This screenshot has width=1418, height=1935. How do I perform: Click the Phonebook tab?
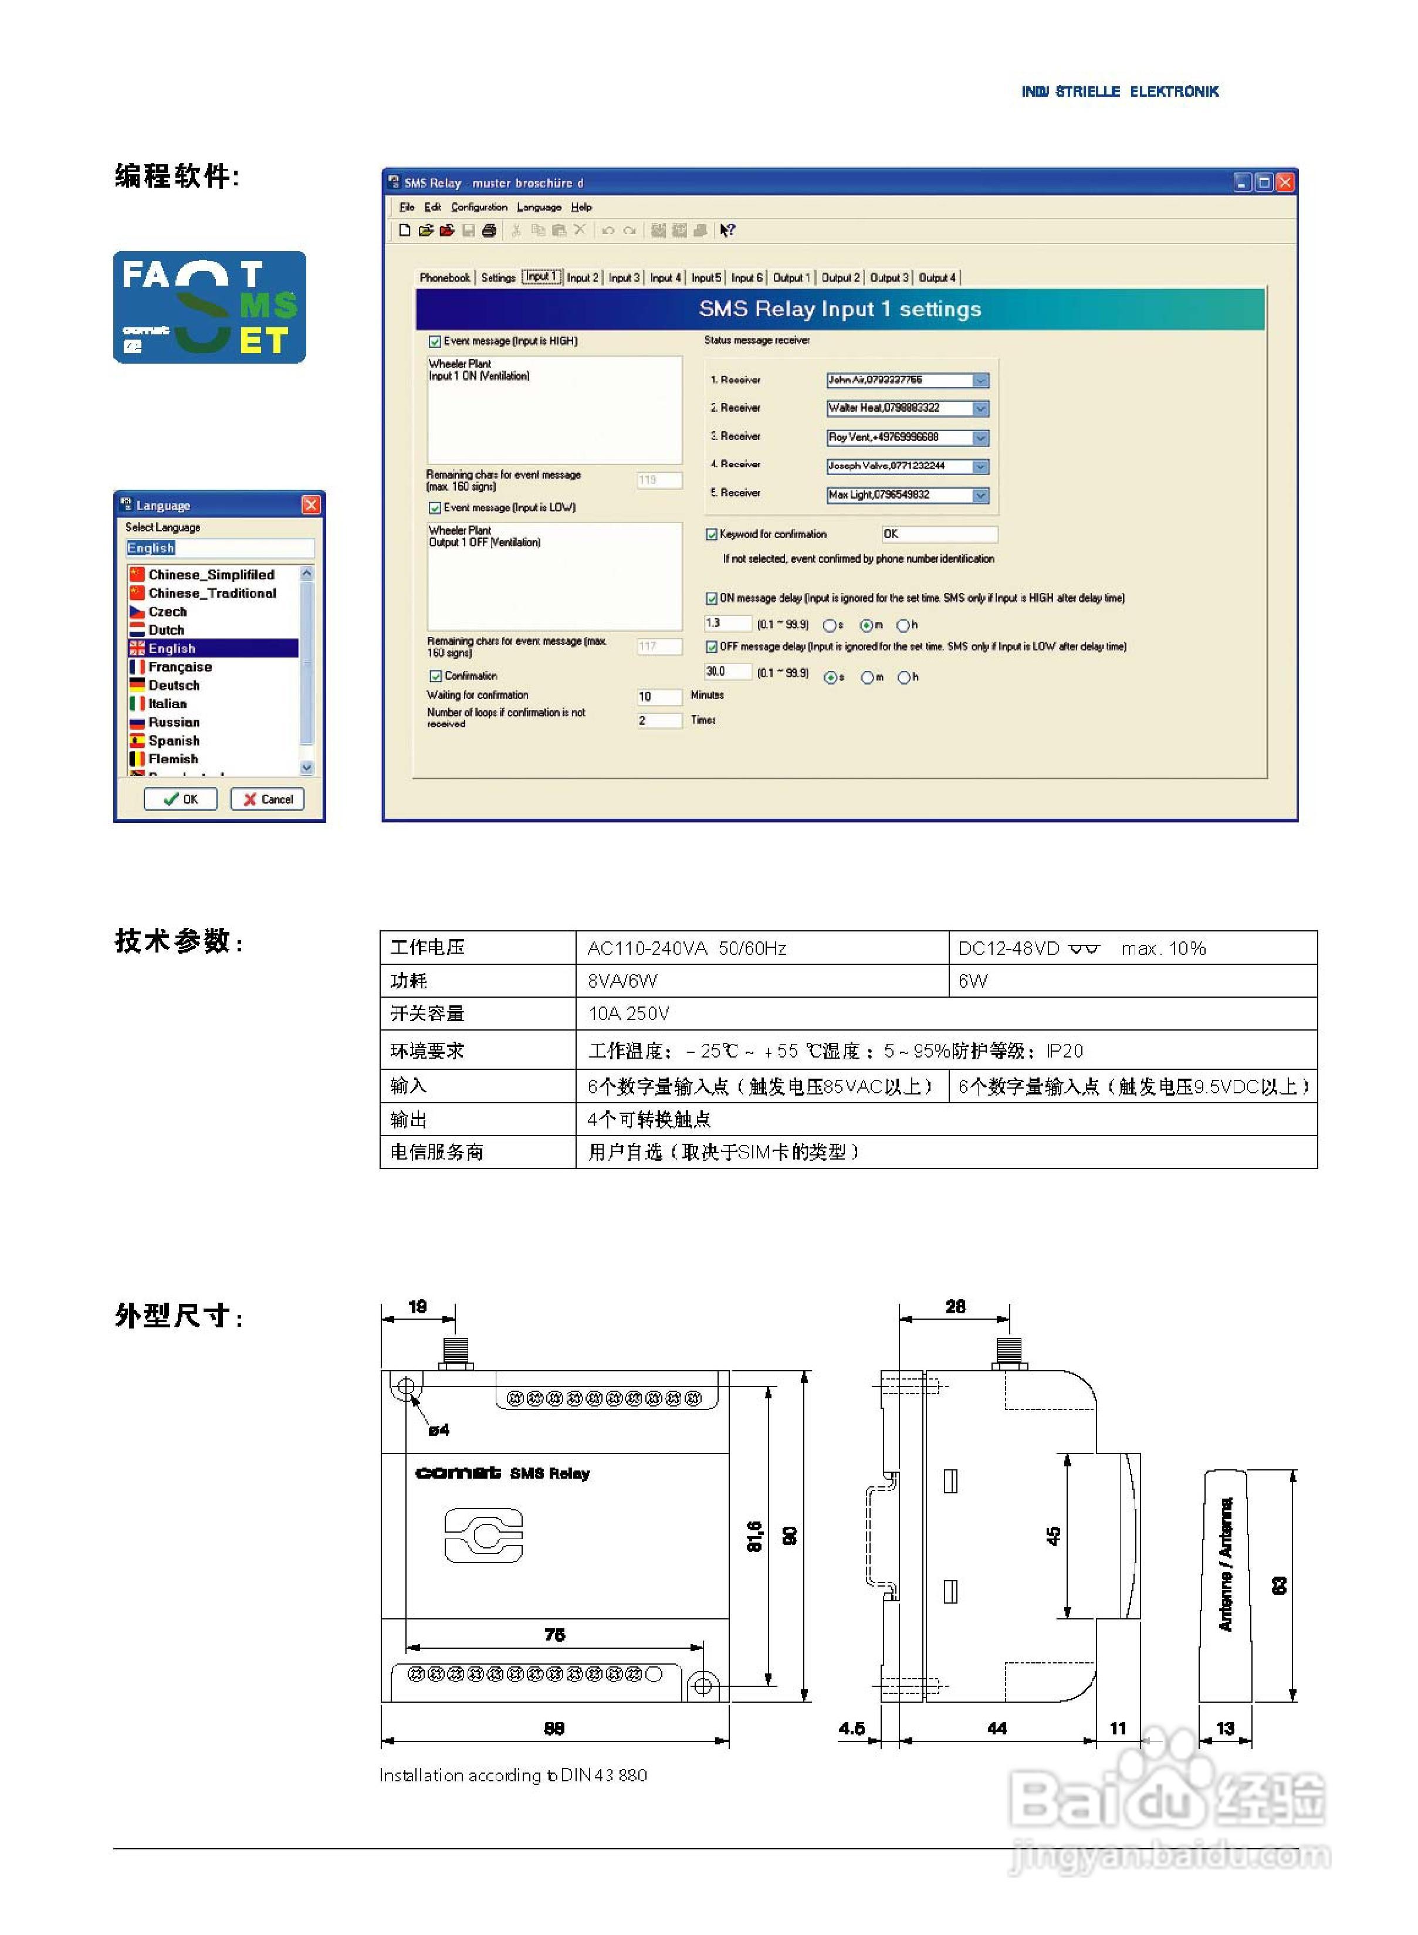coord(445,278)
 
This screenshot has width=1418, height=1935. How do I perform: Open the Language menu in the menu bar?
coord(538,208)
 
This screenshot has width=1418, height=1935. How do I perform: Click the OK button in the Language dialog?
coord(180,799)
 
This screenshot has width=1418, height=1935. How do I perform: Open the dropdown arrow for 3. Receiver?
coord(981,438)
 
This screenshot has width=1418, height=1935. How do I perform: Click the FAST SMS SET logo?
coord(209,307)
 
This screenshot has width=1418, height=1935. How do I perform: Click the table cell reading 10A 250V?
coord(628,1014)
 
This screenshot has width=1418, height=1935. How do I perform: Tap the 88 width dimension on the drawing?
coord(554,1728)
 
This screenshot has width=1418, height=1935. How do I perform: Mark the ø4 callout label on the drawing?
coord(439,1429)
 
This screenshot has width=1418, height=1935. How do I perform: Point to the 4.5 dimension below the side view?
coord(851,1728)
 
